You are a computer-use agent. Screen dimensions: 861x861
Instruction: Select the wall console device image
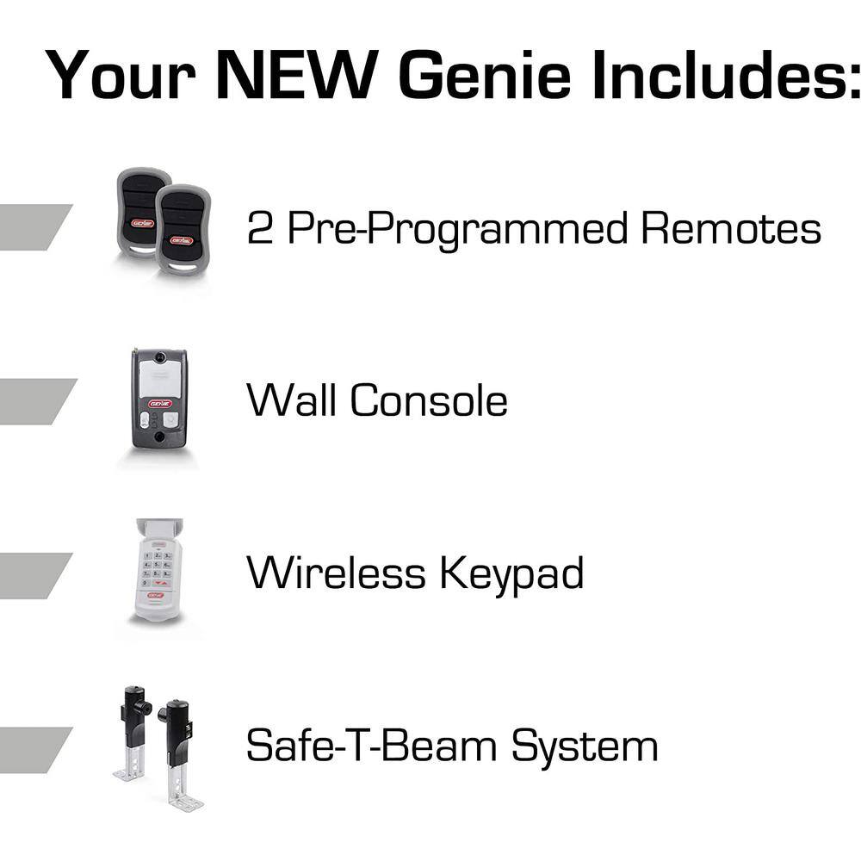[158, 398]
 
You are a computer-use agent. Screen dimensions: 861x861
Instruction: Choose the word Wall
[292, 400]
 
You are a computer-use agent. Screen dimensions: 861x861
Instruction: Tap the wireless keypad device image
[158, 570]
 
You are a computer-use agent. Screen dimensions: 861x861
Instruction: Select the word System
[585, 746]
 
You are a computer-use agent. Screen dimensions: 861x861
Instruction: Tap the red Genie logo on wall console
[160, 403]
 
